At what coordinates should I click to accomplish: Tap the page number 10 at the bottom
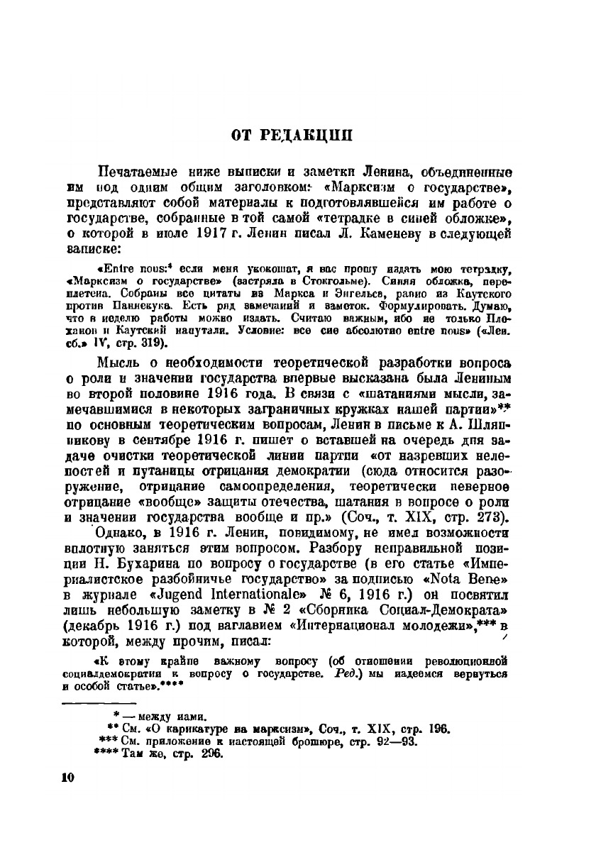(67, 777)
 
